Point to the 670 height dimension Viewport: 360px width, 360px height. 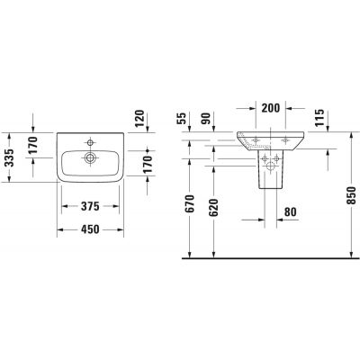tap(188, 209)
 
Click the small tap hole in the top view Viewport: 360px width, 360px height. tap(90, 139)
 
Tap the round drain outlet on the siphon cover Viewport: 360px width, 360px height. tap(271, 161)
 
